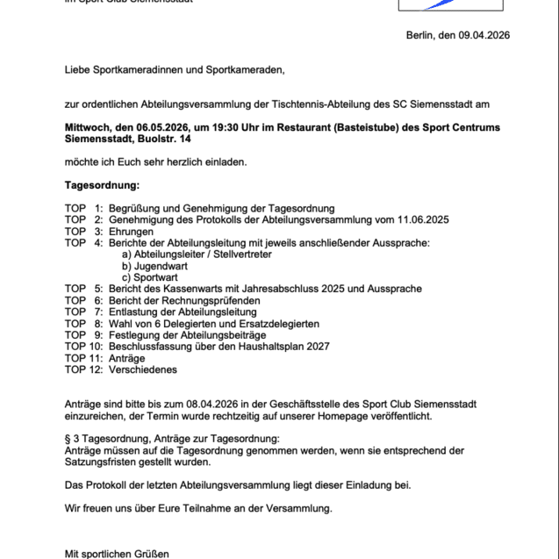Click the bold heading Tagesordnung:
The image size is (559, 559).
point(102,185)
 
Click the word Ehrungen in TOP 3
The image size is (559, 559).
point(132,231)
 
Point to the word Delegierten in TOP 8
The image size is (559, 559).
point(188,323)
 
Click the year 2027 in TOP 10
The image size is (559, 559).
point(315,346)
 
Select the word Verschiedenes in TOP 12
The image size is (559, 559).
point(143,369)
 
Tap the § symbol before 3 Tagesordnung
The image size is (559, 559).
point(68,438)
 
